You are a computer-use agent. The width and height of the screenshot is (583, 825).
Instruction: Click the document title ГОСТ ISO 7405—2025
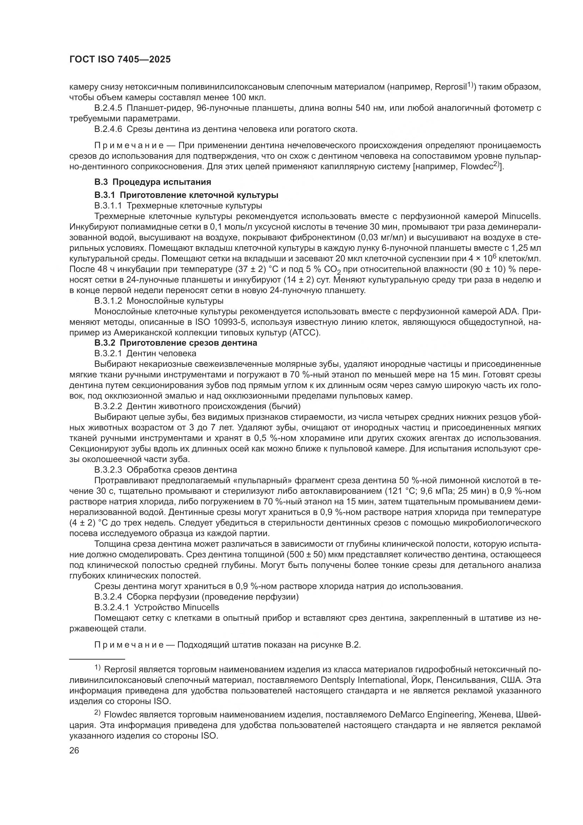click(120, 60)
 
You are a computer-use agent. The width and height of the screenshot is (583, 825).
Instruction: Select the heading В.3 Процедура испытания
click(153, 182)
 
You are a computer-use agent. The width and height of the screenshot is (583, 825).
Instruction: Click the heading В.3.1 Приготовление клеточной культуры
click(186, 195)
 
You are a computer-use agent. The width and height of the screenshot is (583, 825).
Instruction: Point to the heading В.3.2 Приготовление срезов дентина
click(176, 343)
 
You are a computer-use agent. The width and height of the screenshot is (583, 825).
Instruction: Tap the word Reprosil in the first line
click(450, 87)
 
